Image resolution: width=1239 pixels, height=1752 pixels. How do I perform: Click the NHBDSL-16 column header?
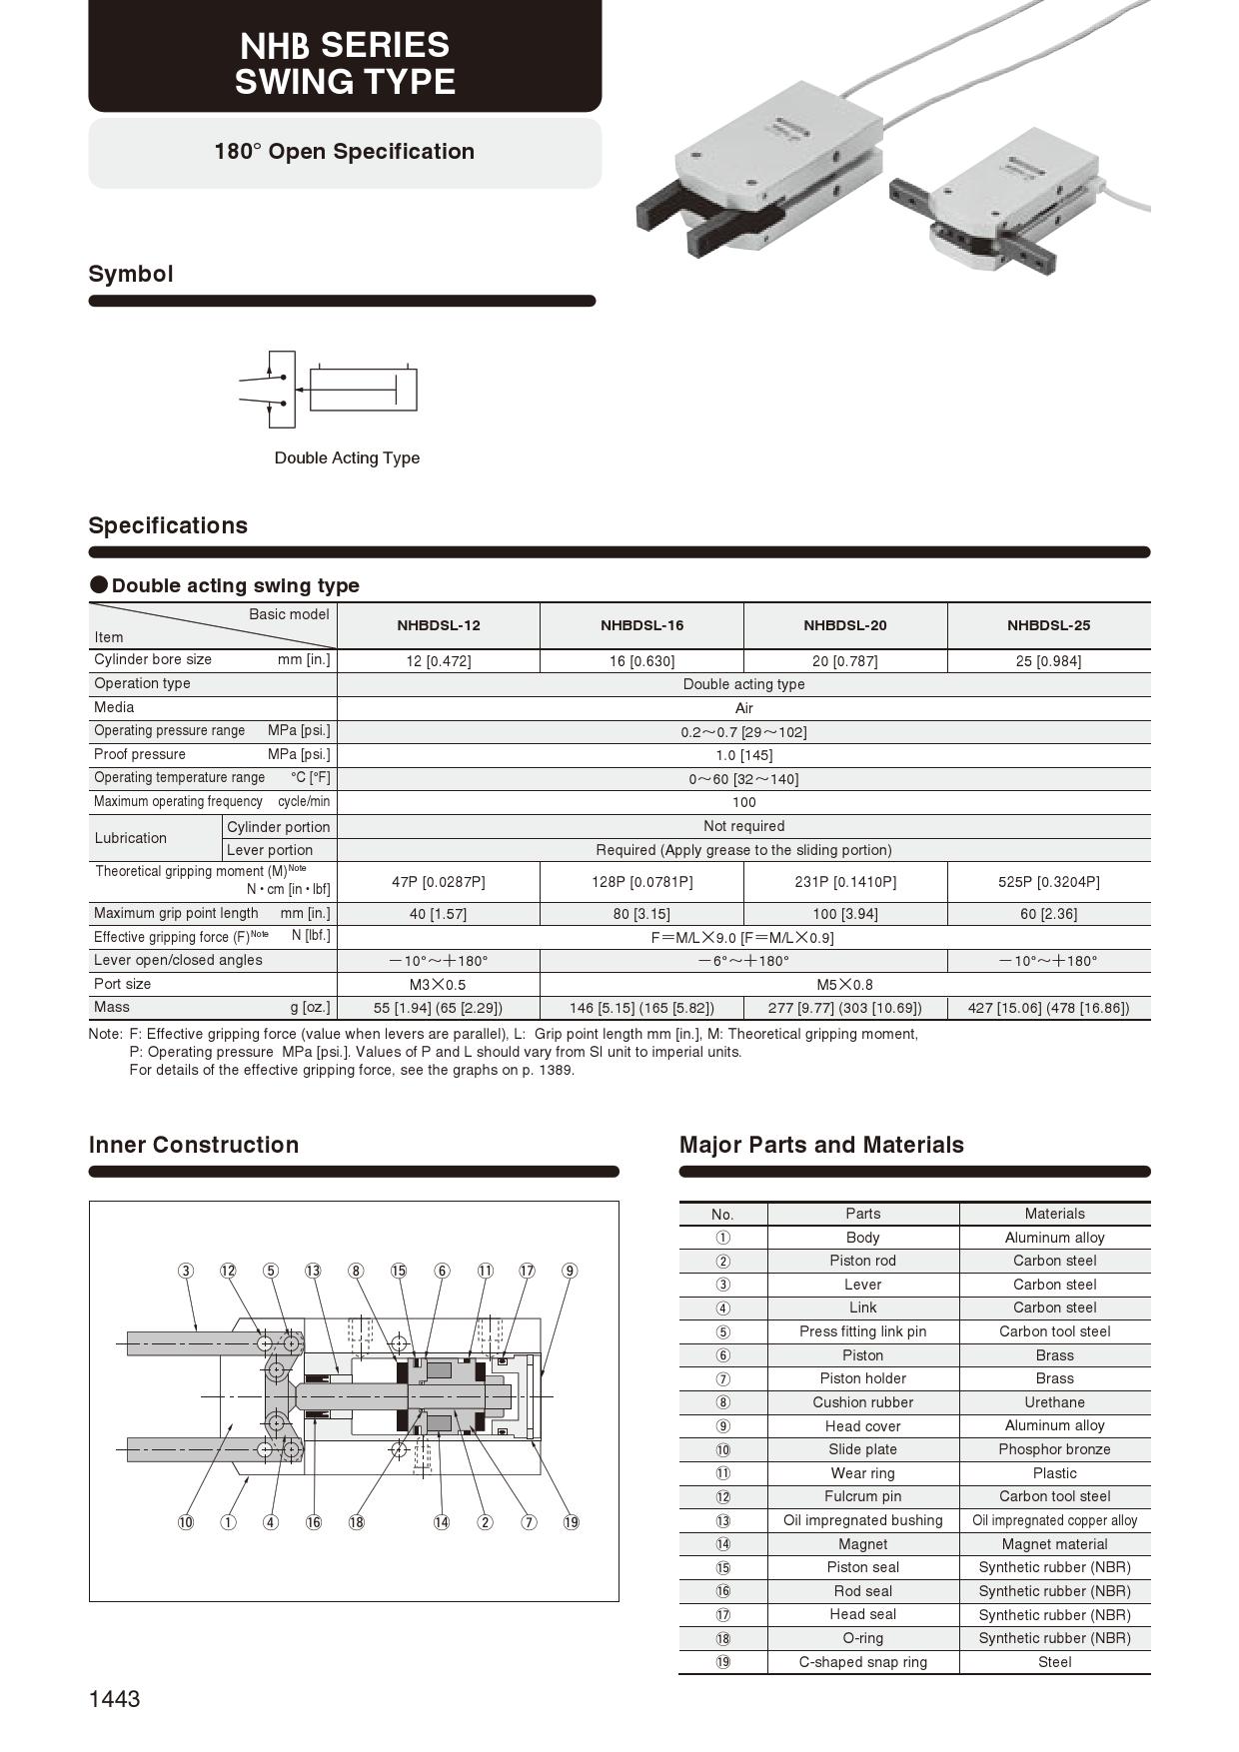coord(641,625)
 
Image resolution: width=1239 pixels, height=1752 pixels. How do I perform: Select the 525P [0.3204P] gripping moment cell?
coord(1048,882)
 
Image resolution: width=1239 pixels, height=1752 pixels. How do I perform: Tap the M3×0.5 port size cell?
coord(438,984)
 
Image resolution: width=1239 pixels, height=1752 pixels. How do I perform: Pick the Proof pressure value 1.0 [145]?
coord(743,755)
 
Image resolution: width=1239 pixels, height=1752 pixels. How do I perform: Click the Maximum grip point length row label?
coord(176,913)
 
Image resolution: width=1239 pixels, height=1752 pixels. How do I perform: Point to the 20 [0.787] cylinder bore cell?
coord(845,661)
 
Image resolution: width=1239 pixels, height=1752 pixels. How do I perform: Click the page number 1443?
coord(115,1699)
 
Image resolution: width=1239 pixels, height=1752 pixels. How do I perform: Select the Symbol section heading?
coord(131,274)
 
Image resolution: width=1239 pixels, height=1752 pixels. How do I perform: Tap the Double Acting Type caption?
coord(347,457)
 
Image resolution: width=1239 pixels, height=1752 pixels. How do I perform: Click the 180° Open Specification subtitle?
coord(345,152)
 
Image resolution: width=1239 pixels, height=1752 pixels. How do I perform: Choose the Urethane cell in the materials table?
coord(1054,1402)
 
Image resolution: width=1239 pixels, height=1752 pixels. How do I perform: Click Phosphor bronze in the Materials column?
coord(1054,1449)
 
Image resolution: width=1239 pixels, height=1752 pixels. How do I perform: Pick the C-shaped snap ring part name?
coord(862,1662)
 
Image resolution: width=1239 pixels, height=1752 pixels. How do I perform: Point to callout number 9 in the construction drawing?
coord(570,1271)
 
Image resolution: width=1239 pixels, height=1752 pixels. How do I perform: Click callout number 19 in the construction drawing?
coord(571,1522)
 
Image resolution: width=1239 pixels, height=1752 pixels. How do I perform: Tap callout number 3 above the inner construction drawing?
coord(186,1271)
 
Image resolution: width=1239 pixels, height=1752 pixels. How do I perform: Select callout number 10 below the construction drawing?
coord(186,1522)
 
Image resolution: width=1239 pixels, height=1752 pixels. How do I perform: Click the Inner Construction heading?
coord(194,1145)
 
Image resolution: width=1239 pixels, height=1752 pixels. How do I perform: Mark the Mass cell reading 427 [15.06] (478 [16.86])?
coord(1048,1008)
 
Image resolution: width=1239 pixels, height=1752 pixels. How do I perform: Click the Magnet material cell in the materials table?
coord(1054,1544)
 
